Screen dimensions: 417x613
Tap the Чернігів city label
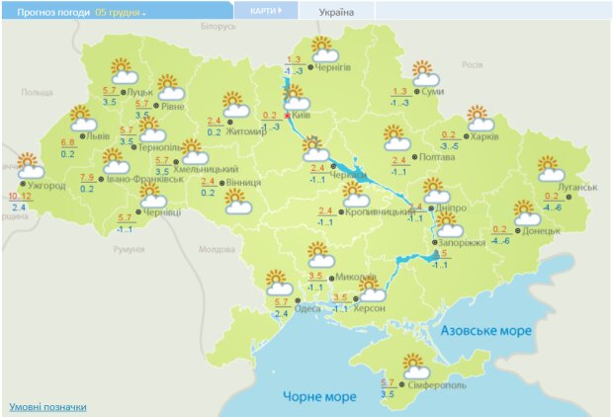(x=332, y=67)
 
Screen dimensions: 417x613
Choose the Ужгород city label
(x=46, y=184)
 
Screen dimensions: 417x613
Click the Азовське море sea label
(x=486, y=329)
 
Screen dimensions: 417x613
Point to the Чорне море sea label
(x=319, y=396)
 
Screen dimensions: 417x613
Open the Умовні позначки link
(x=47, y=406)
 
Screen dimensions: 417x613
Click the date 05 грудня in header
(x=121, y=12)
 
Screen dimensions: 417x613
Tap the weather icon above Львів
(x=83, y=120)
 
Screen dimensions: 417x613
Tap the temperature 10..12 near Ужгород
(x=19, y=197)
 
